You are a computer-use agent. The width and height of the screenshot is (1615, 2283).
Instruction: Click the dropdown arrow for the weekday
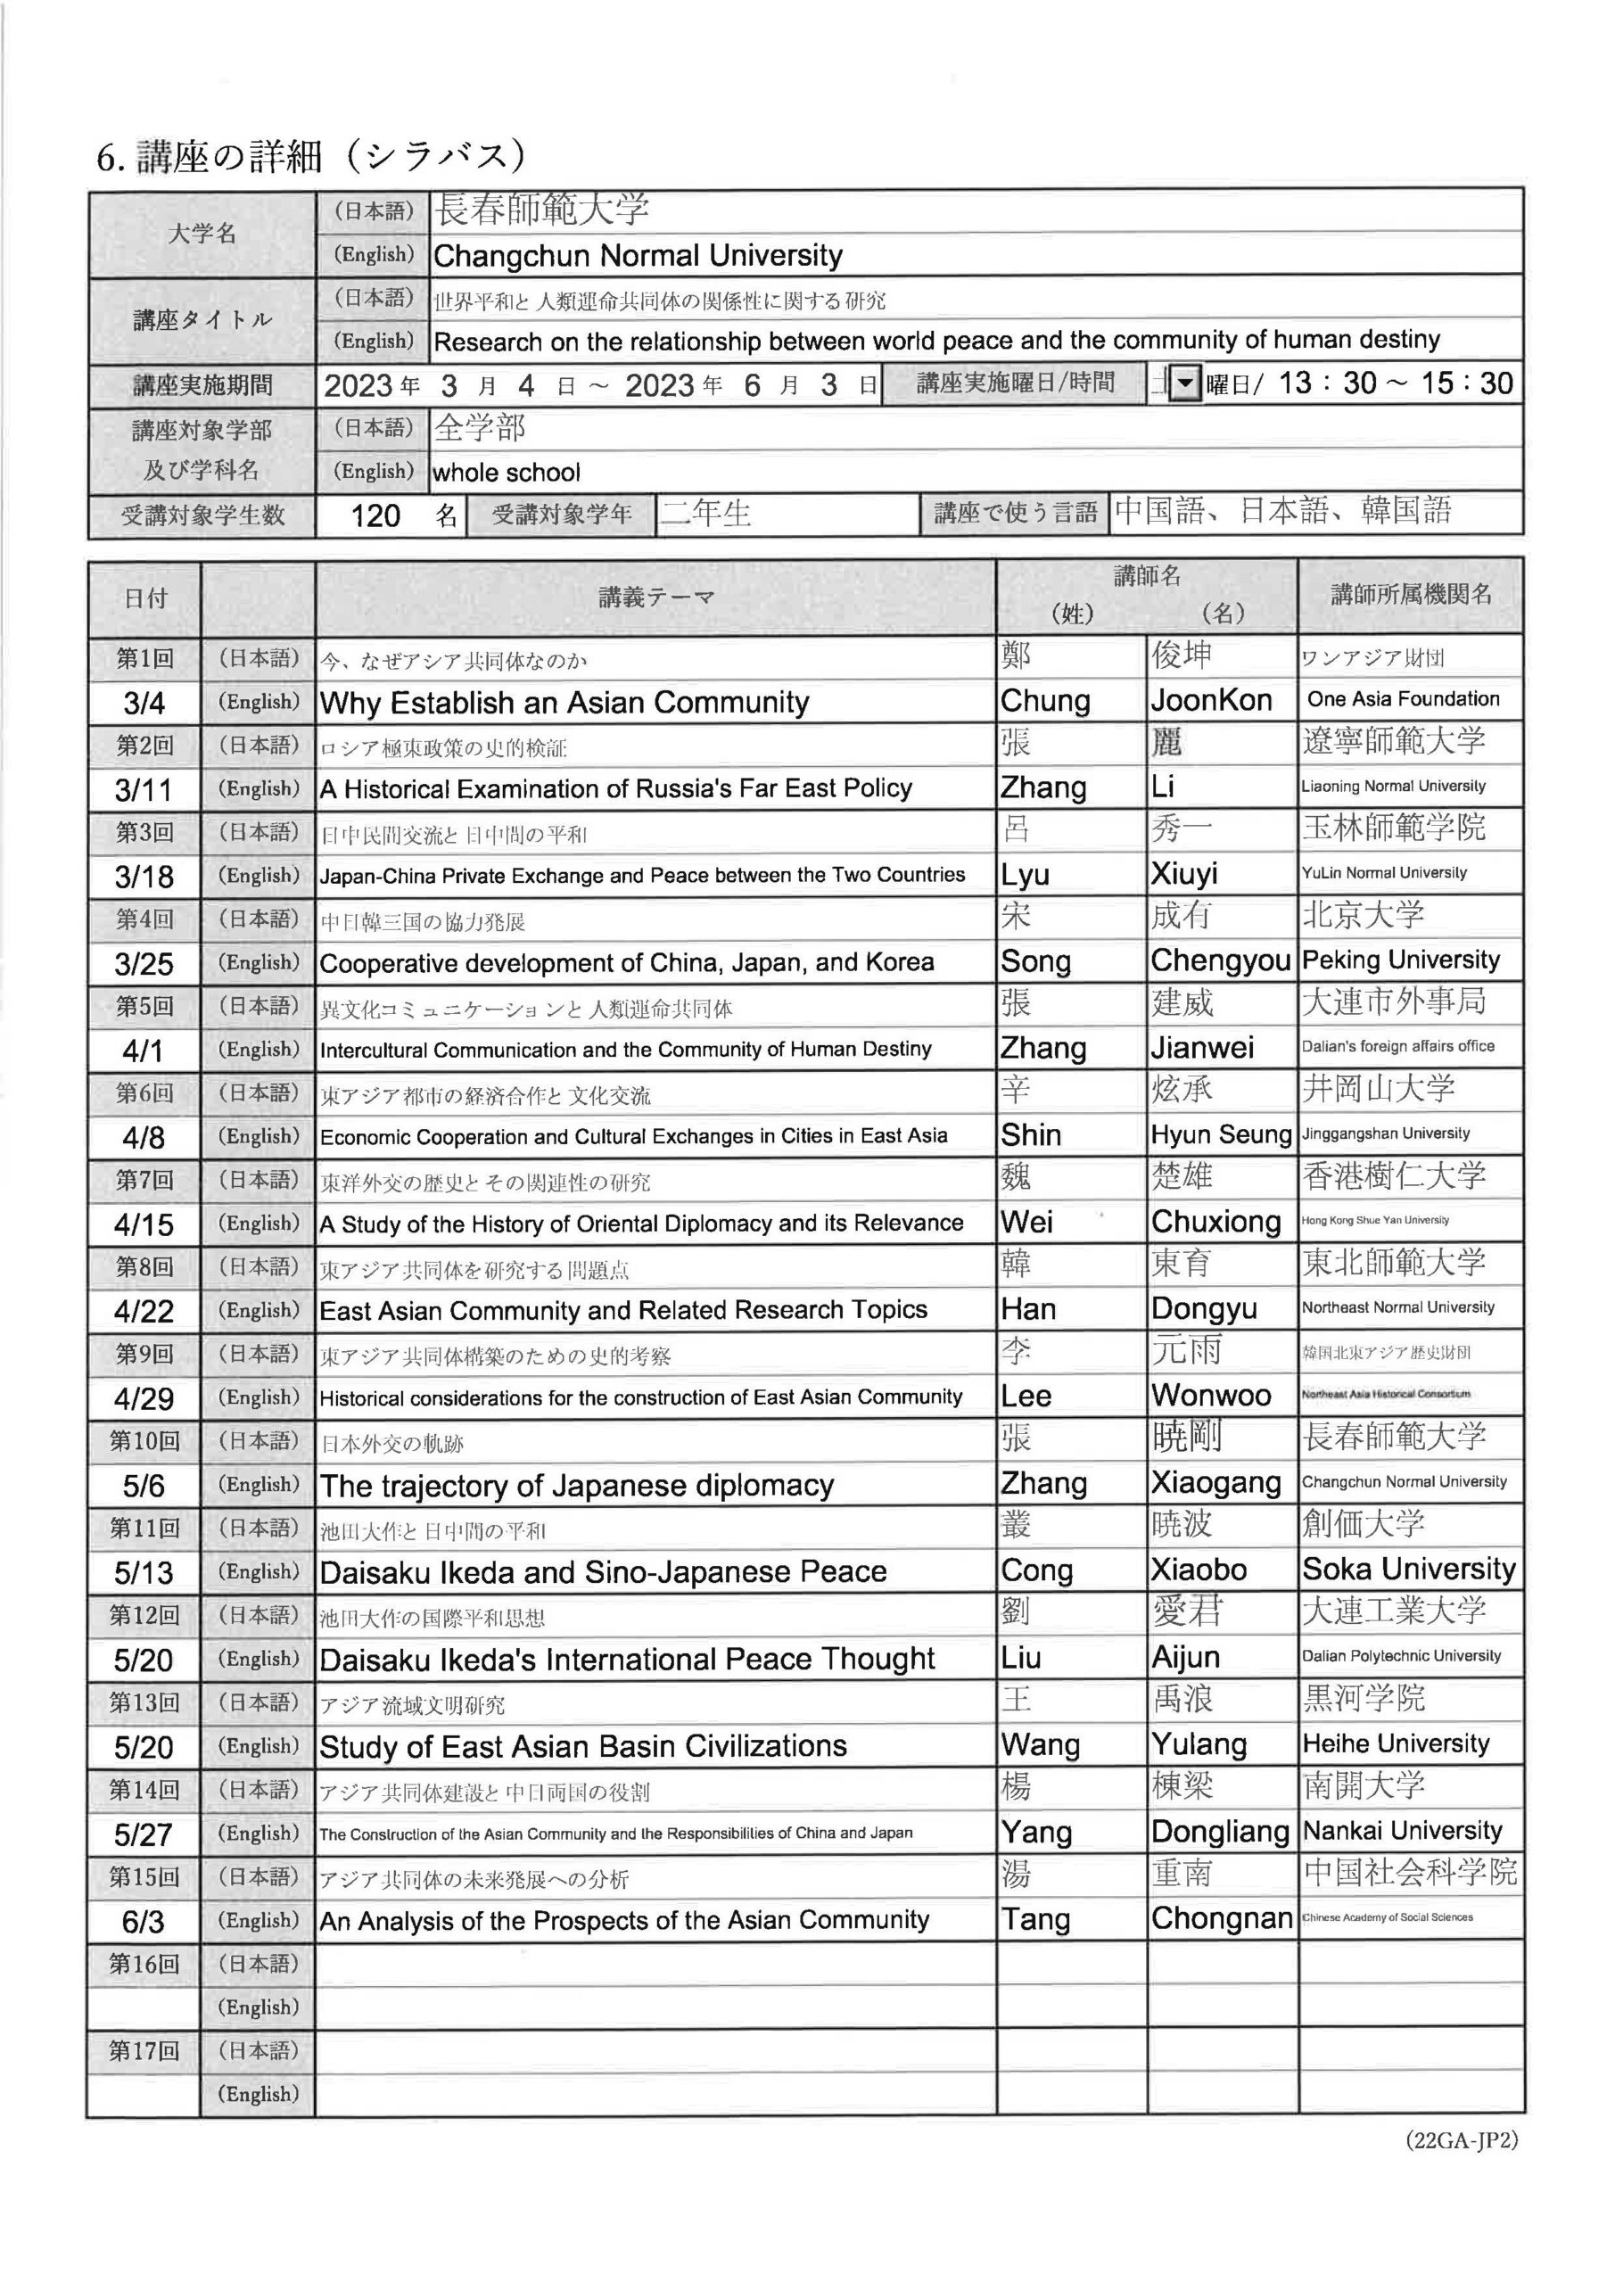1184,383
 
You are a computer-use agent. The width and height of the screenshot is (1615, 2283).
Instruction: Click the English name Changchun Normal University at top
638,257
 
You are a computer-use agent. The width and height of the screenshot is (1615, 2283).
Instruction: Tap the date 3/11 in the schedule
144,790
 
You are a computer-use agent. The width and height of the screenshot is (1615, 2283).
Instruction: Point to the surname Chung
1044,701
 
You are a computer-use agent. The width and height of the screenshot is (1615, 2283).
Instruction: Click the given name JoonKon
1210,701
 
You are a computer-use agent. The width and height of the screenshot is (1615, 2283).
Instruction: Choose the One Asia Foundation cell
1402,699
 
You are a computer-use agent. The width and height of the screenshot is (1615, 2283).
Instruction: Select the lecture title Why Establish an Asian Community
564,703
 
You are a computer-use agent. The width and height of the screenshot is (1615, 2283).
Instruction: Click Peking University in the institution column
1400,960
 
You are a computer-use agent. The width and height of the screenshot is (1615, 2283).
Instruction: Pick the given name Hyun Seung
1220,1134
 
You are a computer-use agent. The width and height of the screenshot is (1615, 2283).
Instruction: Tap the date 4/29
144,1399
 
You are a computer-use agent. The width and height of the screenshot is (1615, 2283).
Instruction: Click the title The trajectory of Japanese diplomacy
577,1486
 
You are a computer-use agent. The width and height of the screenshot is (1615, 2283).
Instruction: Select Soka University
1408,1569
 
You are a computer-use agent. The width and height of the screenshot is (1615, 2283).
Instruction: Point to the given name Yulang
1199,1744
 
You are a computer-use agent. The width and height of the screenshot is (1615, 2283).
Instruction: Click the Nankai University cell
1401,1831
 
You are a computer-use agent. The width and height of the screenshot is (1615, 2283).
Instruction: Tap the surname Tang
1035,1919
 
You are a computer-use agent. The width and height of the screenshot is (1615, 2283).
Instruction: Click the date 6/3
144,1921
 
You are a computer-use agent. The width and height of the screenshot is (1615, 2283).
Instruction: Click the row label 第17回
144,2050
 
